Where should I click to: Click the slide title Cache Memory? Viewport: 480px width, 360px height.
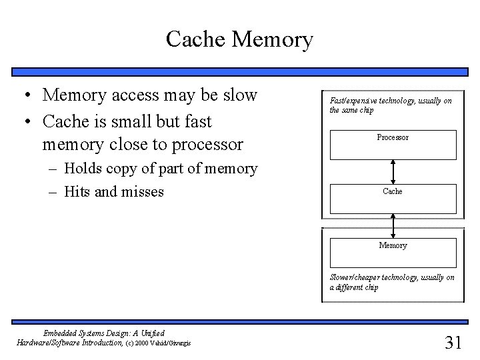239,39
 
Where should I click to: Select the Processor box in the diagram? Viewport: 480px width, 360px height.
393,143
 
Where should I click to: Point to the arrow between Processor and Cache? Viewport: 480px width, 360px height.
393,171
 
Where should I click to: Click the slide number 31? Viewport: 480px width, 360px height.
453,343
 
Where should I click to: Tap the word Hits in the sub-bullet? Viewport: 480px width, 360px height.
79,192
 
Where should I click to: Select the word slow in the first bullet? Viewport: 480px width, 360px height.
239,95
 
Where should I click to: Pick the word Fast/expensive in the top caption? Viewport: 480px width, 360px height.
353,101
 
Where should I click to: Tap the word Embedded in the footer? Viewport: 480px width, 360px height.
59,333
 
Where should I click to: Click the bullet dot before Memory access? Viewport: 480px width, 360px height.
23,96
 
